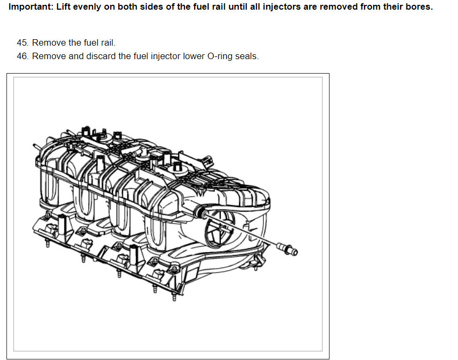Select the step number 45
(x=23, y=42)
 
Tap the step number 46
(x=23, y=56)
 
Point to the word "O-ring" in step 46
(x=220, y=56)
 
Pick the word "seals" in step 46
(x=247, y=56)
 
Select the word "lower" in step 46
(x=194, y=56)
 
